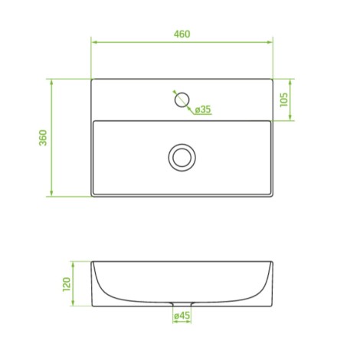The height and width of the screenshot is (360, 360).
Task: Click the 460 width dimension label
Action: pos(182,34)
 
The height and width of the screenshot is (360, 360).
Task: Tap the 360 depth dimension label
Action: pos(43,138)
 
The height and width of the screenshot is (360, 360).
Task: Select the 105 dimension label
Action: pos(283,100)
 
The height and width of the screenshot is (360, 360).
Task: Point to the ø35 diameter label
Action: pos(203,110)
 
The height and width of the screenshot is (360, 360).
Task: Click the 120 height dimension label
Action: pos(67,284)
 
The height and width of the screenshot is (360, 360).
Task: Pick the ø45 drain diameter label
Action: pos(182,316)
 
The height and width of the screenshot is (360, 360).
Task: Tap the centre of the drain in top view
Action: pos(182,158)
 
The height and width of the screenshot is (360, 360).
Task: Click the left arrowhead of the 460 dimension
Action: pos(94,42)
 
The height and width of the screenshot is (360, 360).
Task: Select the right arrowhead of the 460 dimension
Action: pos(270,42)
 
